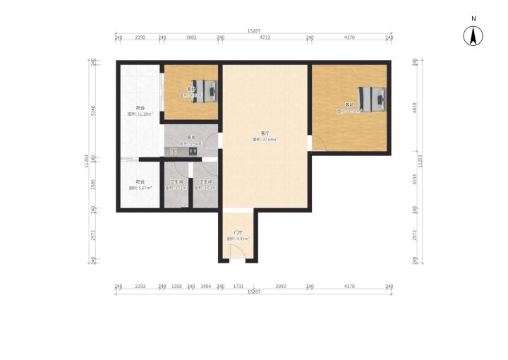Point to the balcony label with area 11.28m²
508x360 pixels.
[x=140, y=111]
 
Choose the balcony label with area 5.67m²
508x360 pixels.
[x=140, y=184]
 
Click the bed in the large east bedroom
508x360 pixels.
[x=372, y=97]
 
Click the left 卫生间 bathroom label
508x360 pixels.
[x=176, y=185]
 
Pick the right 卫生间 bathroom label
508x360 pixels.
[x=205, y=185]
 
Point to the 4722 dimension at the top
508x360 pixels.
[x=265, y=37]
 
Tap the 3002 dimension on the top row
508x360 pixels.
[x=191, y=37]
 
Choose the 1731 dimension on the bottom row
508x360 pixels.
[x=238, y=286]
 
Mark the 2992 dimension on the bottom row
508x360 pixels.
[x=280, y=286]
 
